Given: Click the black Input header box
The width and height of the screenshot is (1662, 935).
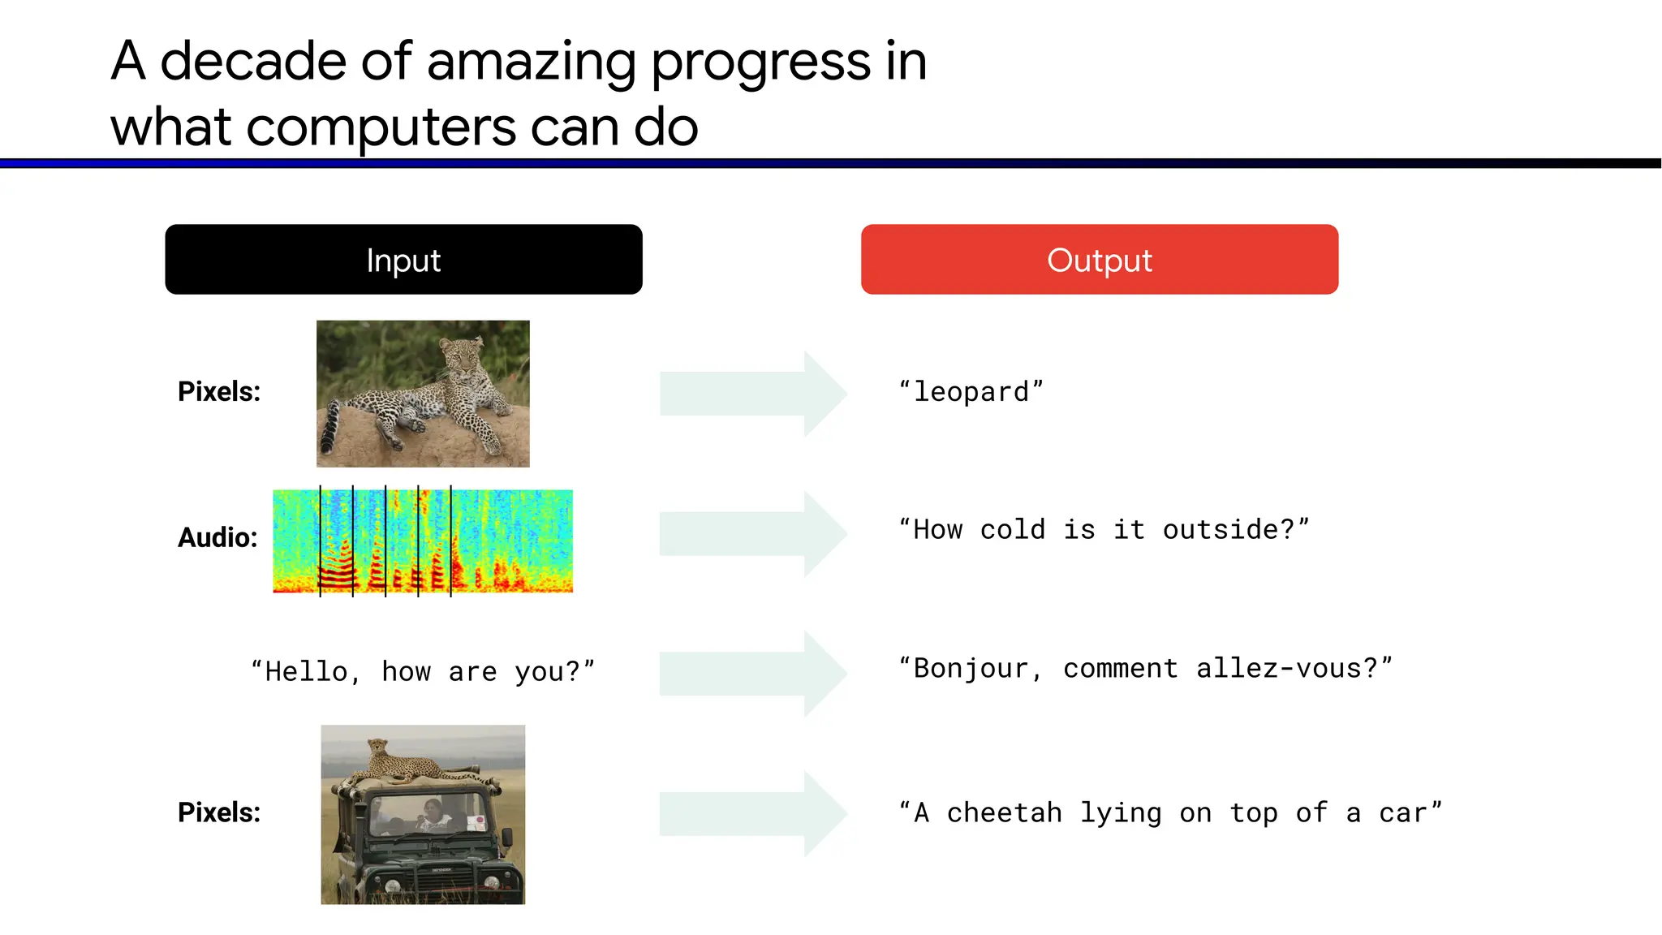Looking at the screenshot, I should pos(403,260).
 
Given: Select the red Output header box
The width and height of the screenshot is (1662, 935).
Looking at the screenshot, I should pos(1099,260).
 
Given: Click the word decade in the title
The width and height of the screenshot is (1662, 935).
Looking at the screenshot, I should pos(253,62).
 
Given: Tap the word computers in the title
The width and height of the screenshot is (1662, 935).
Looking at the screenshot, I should pos(381,127).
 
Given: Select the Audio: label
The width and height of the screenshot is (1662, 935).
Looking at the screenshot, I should pos(217,537).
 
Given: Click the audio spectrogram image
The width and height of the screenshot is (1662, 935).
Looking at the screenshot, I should pos(423,541).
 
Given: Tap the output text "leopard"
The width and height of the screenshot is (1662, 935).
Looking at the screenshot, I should pos(971,392).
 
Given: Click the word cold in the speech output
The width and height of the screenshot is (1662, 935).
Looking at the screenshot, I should pos(1012,530).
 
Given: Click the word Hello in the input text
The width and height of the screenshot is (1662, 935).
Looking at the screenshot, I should pos(306,672).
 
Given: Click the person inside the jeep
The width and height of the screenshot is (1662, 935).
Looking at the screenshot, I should pos(433,812).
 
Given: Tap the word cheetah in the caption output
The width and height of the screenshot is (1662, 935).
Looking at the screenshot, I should pos(1004,813).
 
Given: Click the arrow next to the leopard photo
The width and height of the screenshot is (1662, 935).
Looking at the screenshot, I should pos(752,394).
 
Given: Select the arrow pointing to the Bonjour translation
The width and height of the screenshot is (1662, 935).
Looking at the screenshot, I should pos(752,673).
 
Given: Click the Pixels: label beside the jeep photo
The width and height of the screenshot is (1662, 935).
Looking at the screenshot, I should pos(219,812).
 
